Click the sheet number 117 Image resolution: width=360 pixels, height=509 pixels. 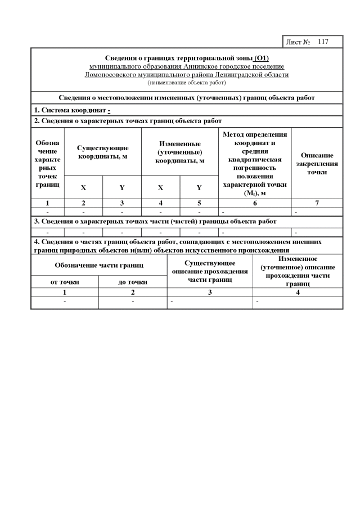tap(322, 42)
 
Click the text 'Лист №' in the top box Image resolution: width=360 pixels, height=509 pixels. tap(299, 42)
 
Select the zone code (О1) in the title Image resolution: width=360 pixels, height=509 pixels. tap(261, 58)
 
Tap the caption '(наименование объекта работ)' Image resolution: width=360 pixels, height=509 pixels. tap(187, 82)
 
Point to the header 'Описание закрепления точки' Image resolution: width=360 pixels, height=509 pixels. tap(317, 163)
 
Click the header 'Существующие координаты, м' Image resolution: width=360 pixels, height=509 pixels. tap(103, 152)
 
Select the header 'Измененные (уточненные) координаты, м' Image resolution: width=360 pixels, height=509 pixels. tap(179, 152)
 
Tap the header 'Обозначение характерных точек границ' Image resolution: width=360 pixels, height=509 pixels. tap(47, 163)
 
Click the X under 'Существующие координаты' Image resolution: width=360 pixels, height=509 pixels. tap(83, 187)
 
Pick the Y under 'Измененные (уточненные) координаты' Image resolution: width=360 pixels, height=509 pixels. tap(199, 187)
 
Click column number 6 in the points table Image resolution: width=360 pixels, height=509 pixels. tap(255, 203)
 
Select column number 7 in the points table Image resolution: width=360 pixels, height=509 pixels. tap(317, 203)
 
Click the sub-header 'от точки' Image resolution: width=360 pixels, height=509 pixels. tap(65, 282)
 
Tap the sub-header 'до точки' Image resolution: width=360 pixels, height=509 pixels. tap(133, 282)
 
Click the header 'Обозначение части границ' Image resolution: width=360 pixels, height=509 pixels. tap(99, 265)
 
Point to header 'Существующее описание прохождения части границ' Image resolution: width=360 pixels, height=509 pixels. tap(210, 271)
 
